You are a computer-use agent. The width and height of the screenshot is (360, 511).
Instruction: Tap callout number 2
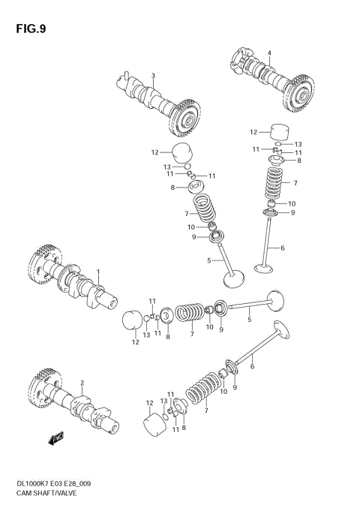tap(82, 383)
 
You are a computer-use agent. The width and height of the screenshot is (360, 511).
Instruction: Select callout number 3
tap(152, 76)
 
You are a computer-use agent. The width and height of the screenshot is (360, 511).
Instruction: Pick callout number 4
tap(269, 53)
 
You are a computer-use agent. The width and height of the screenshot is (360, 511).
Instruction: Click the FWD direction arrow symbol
tap(55, 437)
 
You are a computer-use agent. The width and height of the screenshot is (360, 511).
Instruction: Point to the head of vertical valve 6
tap(265, 267)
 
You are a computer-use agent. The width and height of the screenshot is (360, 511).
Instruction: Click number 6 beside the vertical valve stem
tap(283, 248)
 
